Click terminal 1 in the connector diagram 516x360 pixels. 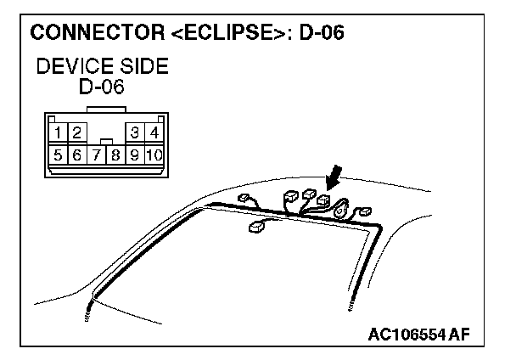(56, 132)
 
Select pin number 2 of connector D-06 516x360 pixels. (76, 132)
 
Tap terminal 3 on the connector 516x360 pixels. (134, 132)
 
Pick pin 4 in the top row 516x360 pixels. (154, 132)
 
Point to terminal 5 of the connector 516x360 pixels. (56, 155)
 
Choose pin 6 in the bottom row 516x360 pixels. (76, 155)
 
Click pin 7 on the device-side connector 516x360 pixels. (95, 155)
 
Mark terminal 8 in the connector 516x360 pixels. (115, 155)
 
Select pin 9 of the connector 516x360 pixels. (134, 155)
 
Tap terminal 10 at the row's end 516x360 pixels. (154, 155)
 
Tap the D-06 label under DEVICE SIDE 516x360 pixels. (103, 87)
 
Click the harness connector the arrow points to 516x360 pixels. (322, 200)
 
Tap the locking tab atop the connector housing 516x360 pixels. (104, 110)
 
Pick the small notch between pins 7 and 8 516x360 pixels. (104, 140)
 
